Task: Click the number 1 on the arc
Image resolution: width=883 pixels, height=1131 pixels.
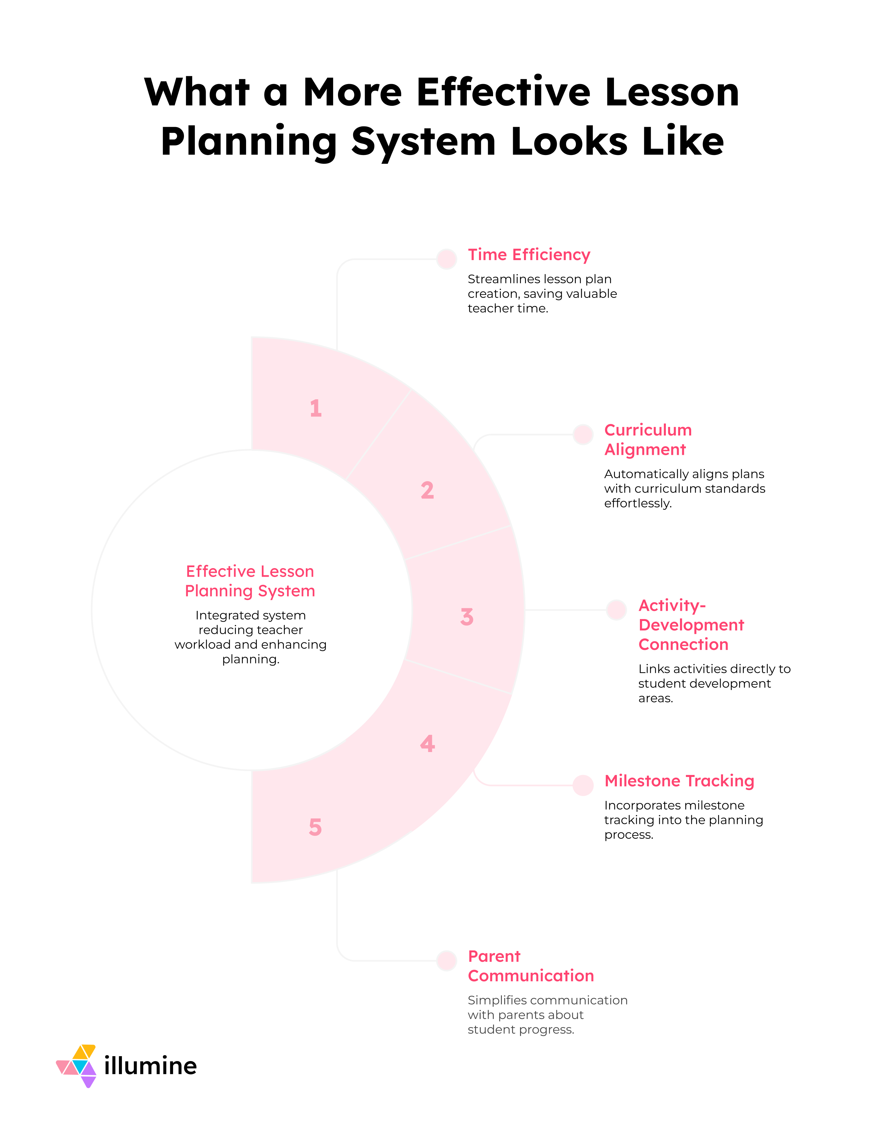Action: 315,408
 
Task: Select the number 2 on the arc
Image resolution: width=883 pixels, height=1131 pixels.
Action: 427,490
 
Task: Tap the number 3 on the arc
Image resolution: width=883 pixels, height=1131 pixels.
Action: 466,617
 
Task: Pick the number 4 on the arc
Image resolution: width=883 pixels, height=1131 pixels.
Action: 427,743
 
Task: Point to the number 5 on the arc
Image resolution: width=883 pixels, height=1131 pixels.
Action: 315,827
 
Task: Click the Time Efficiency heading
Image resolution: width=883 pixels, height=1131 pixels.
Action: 529,255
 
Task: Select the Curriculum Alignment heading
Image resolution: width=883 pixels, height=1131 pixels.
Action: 647,440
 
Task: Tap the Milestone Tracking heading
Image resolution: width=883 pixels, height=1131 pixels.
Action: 679,781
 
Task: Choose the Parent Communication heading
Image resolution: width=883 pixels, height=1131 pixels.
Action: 530,966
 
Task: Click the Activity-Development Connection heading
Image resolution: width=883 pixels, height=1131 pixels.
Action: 691,625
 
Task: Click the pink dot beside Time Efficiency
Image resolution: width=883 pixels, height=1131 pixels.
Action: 446,259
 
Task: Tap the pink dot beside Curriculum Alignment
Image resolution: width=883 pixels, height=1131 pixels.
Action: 583,434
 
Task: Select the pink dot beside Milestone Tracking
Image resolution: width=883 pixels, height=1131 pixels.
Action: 583,785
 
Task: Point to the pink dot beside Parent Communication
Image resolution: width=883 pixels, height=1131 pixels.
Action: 446,961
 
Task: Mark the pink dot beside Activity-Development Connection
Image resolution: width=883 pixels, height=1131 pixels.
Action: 616,610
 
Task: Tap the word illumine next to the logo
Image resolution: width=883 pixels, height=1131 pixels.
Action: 150,1066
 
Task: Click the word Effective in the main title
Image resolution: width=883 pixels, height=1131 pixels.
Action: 503,92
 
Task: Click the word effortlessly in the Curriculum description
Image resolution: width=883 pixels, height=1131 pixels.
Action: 638,503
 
